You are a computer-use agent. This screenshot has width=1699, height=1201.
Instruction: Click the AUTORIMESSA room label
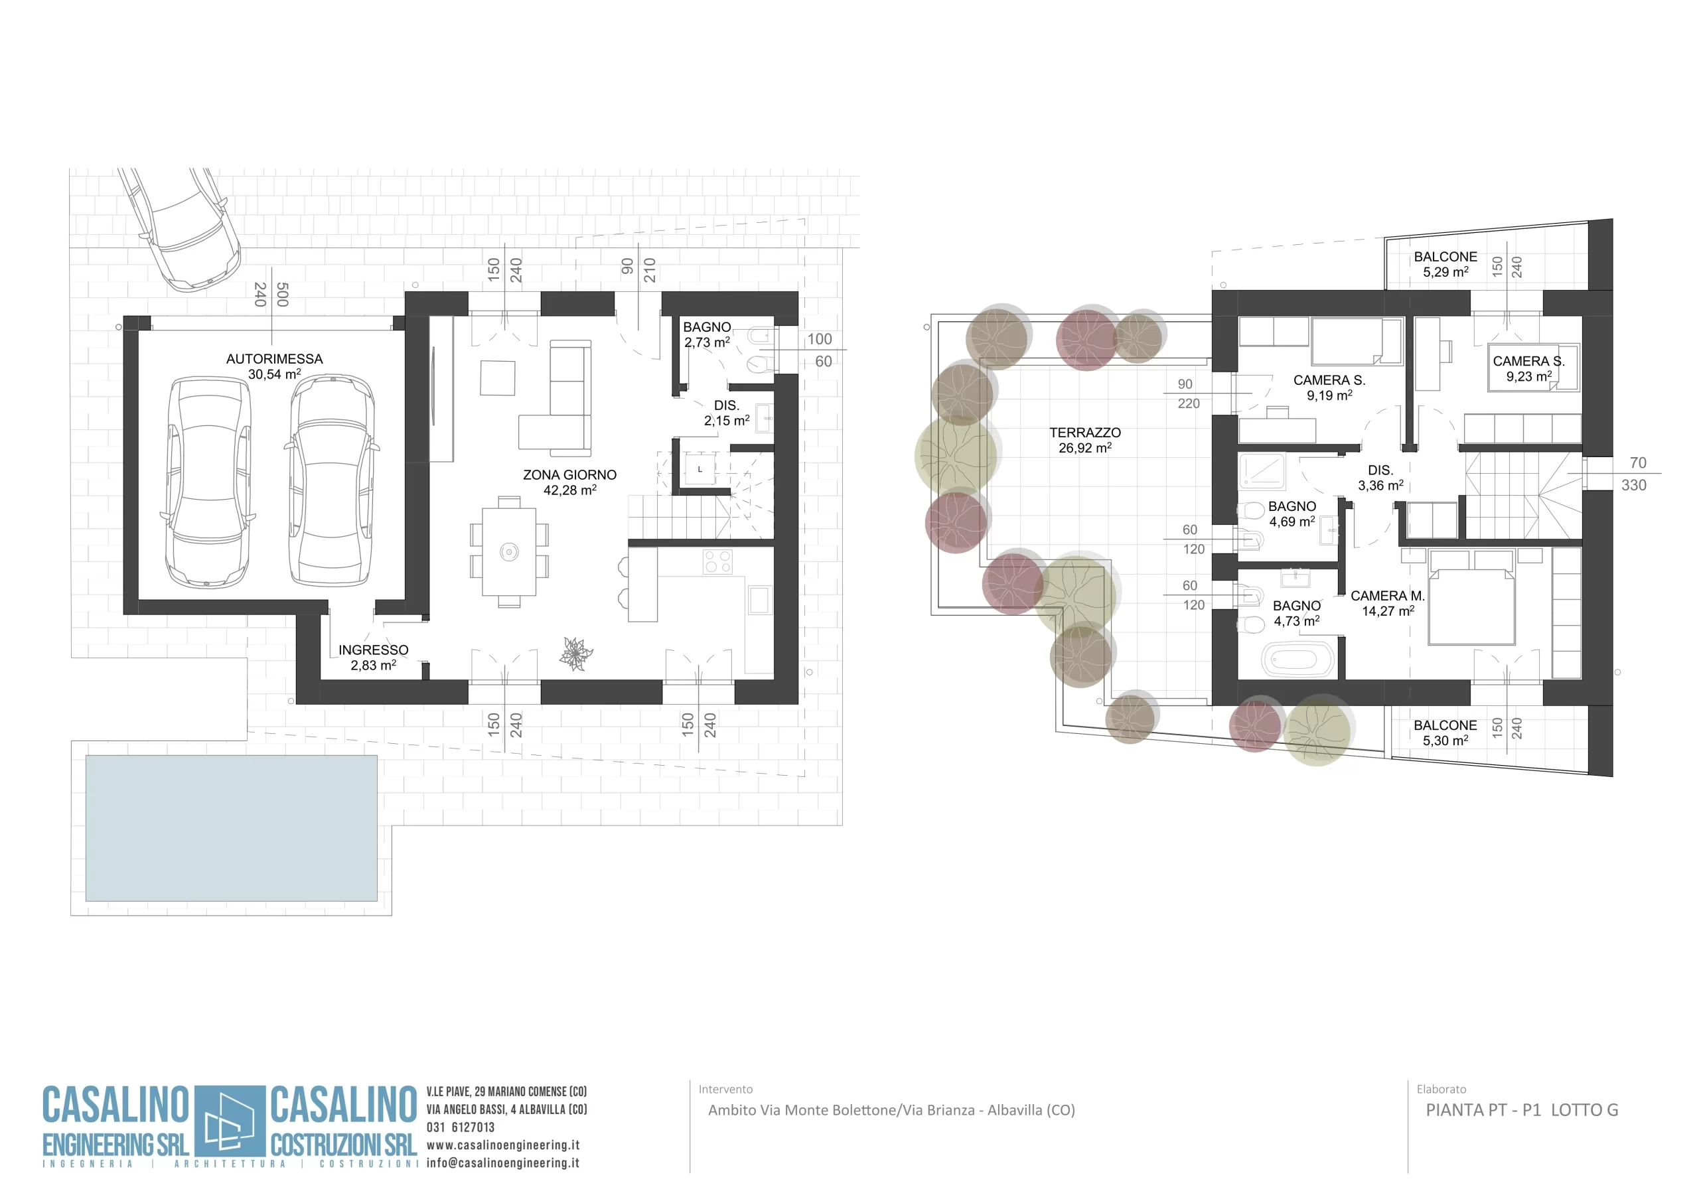pyautogui.click(x=275, y=359)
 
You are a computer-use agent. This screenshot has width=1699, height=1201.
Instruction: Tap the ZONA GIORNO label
pyautogui.click(x=570, y=475)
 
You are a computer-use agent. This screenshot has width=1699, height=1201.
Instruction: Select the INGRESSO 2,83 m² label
pyautogui.click(x=374, y=657)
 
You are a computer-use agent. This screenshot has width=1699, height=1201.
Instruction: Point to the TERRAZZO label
pyautogui.click(x=1085, y=433)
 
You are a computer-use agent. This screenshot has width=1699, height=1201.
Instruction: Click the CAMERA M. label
pyautogui.click(x=1388, y=596)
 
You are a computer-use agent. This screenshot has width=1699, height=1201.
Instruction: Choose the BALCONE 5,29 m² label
pyautogui.click(x=1445, y=264)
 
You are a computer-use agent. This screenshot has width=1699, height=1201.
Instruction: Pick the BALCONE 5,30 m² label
pyautogui.click(x=1445, y=733)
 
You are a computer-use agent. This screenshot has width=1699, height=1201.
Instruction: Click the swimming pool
pyautogui.click(x=232, y=828)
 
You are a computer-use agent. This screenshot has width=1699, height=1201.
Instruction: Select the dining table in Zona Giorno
pyautogui.click(x=509, y=551)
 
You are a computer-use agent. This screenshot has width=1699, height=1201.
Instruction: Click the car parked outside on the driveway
pyautogui.click(x=180, y=230)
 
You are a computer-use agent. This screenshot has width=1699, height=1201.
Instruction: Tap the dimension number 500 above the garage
pyautogui.click(x=282, y=295)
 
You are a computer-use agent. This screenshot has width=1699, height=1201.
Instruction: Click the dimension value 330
pyautogui.click(x=1634, y=486)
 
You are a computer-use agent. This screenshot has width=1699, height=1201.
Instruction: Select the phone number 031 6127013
pyautogui.click(x=461, y=1127)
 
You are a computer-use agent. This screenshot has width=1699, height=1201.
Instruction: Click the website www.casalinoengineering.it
pyautogui.click(x=503, y=1145)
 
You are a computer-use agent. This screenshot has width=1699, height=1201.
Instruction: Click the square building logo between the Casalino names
pyautogui.click(x=230, y=1121)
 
